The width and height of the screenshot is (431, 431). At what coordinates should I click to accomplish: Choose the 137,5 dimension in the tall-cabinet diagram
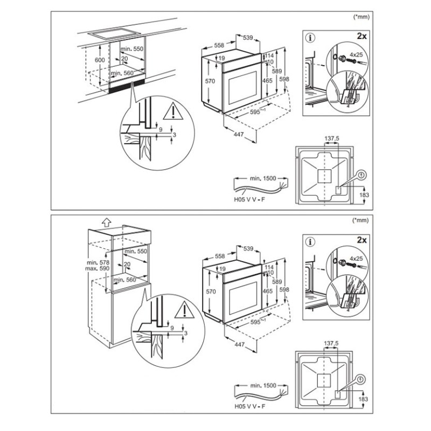[331, 343]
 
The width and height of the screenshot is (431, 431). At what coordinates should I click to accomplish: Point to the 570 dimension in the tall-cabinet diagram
[211, 291]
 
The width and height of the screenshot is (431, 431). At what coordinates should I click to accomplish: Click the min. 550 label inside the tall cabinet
[136, 252]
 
